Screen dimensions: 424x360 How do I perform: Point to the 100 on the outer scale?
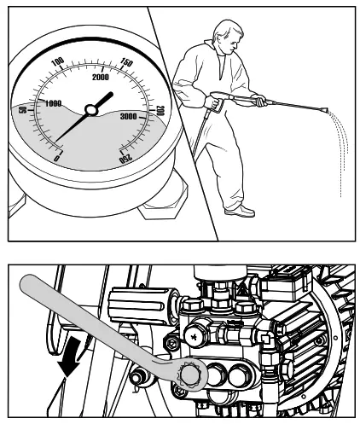click(x=58, y=61)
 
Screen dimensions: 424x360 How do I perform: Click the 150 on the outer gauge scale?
click(x=127, y=63)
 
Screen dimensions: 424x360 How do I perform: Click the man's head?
click(x=218, y=40)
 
